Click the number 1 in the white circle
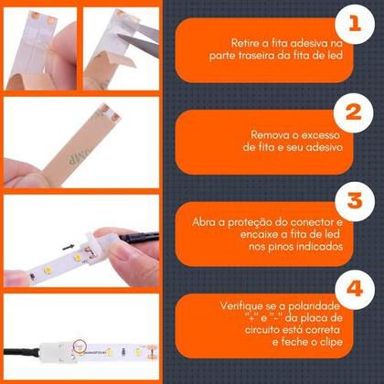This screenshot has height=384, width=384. [355, 23]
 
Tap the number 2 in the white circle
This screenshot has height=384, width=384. [354, 112]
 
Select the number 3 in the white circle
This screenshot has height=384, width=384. [355, 200]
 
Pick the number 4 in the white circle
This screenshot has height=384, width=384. [355, 289]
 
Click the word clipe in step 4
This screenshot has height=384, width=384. [331, 342]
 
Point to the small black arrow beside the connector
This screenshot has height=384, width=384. [69, 247]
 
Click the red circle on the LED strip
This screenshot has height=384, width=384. [80, 346]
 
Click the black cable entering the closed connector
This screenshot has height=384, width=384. [21, 352]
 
